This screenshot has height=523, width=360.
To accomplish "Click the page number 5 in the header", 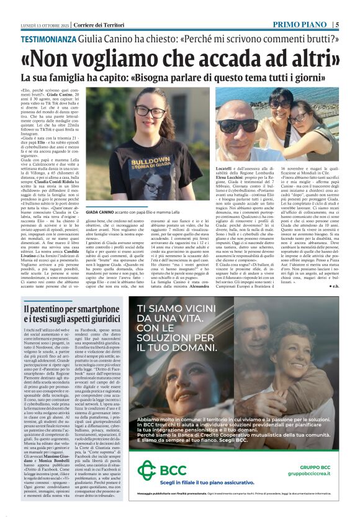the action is [x=354, y=24].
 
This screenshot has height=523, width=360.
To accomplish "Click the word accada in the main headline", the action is [x=225, y=59].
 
